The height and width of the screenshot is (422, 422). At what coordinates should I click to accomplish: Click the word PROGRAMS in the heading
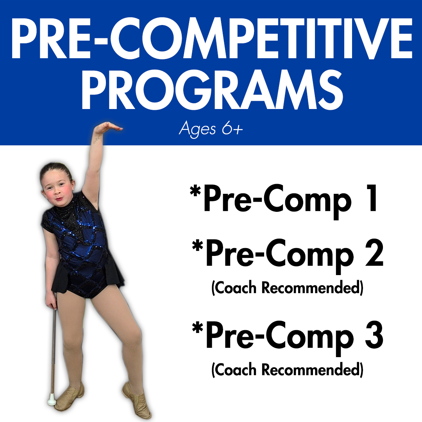(x=212, y=89)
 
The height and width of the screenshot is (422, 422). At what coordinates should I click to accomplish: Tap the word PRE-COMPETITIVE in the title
(x=212, y=38)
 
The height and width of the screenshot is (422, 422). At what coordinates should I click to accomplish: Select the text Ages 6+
(x=211, y=129)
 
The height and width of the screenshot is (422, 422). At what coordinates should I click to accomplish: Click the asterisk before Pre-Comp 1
(x=195, y=191)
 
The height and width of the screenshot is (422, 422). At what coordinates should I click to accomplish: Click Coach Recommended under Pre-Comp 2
(x=288, y=288)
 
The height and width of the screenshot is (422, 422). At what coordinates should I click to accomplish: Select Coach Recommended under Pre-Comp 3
(x=288, y=370)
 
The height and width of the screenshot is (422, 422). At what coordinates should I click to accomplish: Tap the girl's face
(x=57, y=188)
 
